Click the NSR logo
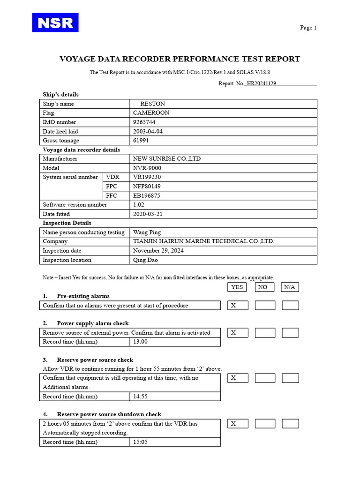pos(55,22)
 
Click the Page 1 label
pos(308,28)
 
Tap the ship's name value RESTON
pos(152,104)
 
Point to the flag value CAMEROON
pos(151,113)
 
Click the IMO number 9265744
pos(144,122)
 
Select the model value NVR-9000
pos(148,168)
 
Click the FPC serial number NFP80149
pos(147,186)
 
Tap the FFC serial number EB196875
pos(147,195)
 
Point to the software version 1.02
pos(139,205)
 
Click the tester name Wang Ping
pos(147,232)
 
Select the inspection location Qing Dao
pos(145,260)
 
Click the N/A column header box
pos(290,287)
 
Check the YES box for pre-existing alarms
pos(238,306)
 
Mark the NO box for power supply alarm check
pos(265,333)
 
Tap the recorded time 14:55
pos(140,397)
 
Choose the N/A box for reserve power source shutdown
pos(290,424)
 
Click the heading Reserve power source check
pos(95,360)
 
